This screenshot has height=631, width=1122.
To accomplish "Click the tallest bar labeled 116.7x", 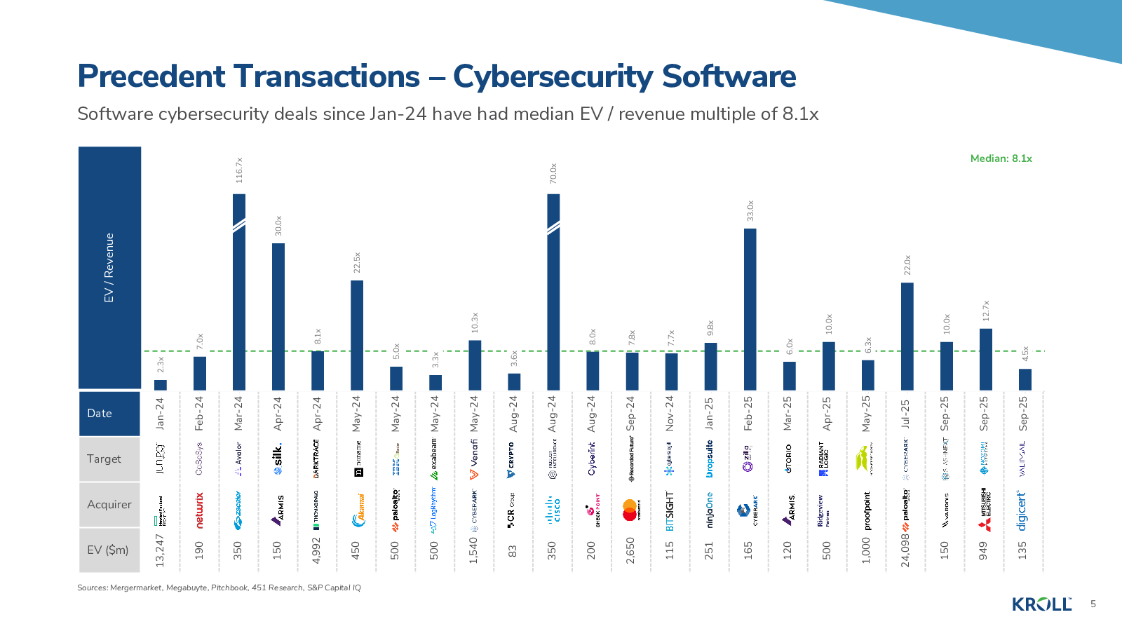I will coord(239,291).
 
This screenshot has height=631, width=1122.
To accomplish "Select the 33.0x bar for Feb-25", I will coord(750,308).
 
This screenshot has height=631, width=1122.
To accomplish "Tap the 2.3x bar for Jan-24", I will coord(161,385).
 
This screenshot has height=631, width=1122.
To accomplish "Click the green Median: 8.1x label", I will coord(1001,158).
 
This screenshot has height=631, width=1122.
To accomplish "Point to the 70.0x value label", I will coord(553,173).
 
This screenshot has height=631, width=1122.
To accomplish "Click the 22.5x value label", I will coord(357,262).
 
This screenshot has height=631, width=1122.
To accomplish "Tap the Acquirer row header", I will coord(109,504).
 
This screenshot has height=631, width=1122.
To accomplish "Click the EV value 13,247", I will coord(161,550).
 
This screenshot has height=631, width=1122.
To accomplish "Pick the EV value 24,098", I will coord(906,550).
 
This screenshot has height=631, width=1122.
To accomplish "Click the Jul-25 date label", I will coord(906,414).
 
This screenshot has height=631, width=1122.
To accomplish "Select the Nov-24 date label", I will coord(670,414).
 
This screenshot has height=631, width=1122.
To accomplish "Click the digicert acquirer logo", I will coord(1022,510).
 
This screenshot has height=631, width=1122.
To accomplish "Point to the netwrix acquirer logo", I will coord(200,510).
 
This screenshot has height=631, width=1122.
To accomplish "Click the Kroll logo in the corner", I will coord(1041,604).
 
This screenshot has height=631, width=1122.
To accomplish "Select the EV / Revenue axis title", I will coord(109,268).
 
